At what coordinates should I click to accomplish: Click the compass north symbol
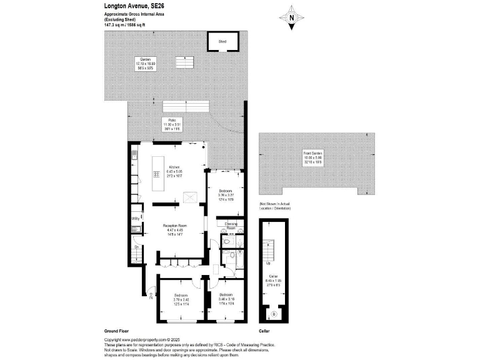click(292, 19)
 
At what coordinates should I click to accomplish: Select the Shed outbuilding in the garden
click(222, 42)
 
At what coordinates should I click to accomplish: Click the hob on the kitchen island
click(156, 173)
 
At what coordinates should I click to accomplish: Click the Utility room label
click(135, 218)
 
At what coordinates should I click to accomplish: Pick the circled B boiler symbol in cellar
click(272, 313)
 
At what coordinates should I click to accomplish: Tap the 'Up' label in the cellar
click(268, 263)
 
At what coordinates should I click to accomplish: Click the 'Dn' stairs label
click(136, 247)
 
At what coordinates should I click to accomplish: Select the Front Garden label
click(312, 153)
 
